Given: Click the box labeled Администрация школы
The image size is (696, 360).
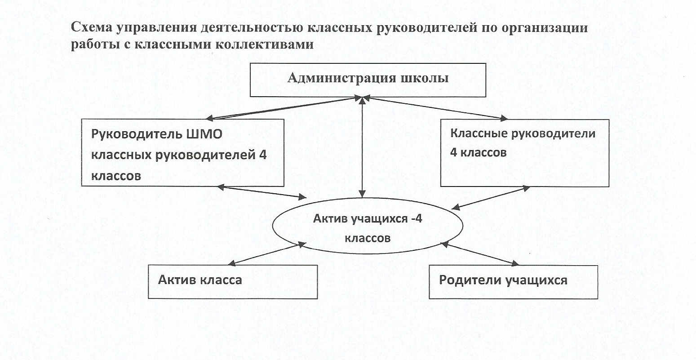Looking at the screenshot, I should coord(368,80).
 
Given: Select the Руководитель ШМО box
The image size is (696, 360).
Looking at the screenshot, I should coord(182,153).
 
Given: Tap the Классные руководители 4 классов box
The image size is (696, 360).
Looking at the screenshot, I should coord(524,153).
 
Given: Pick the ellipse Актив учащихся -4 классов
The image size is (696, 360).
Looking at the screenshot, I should coord(368,228).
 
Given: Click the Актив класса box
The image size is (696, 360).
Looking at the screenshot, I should coord(232,282).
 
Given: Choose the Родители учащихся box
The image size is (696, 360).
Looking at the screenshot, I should coord(513,282).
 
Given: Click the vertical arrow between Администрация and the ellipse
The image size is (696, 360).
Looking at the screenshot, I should coord(363,148).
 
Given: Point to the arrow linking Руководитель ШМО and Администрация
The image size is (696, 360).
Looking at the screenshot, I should coord(288,108).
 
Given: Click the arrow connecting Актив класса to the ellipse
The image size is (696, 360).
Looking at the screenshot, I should coord(267,254).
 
